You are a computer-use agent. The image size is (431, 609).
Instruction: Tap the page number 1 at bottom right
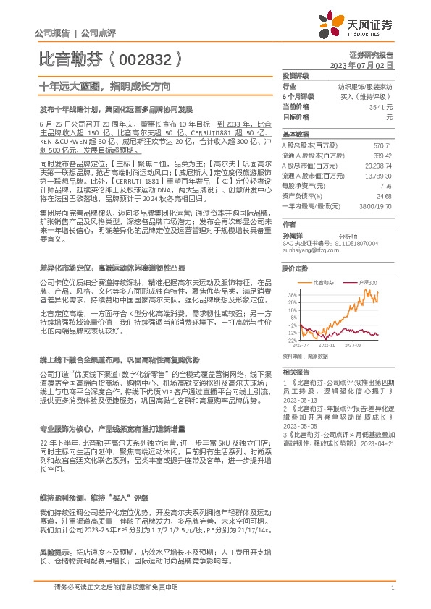point(392,587)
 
